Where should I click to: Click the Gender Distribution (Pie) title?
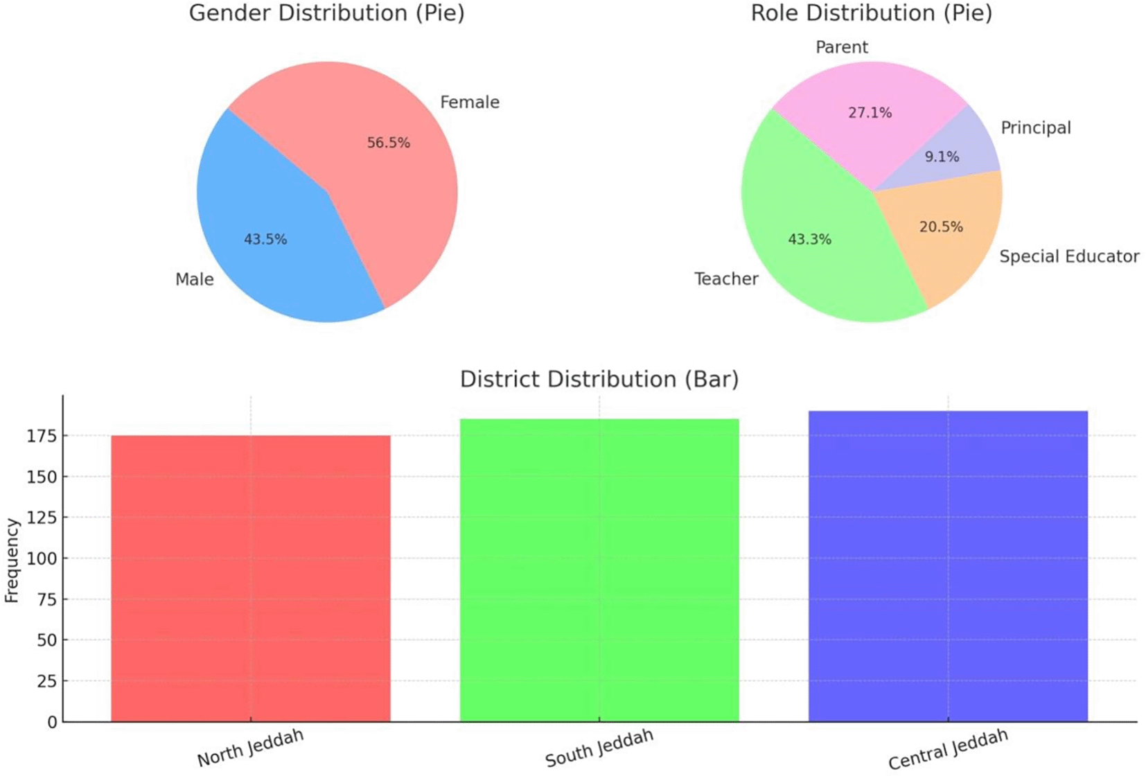[x=326, y=13]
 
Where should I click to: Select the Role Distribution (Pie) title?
[x=871, y=13]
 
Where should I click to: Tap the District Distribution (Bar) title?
[x=599, y=379]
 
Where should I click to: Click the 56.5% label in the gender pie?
[x=388, y=143]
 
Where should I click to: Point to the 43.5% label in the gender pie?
[x=265, y=240]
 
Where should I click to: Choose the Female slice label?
[x=469, y=103]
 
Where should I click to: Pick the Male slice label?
[x=194, y=279]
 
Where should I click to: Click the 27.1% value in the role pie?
[x=870, y=113]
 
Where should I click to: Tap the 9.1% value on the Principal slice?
[x=942, y=157]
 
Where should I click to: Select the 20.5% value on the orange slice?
[x=940, y=227]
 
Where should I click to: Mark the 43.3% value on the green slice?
[x=809, y=240]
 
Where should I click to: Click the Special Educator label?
[x=1068, y=257]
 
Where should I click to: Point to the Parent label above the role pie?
[x=841, y=47]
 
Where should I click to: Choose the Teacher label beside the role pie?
[x=725, y=279]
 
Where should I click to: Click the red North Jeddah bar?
[x=251, y=579]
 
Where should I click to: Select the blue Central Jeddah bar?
[x=948, y=566]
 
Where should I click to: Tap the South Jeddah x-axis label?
[x=599, y=748]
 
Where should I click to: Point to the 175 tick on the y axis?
[x=42, y=436]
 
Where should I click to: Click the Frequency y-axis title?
[x=12, y=560]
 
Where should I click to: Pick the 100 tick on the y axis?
[x=42, y=558]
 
